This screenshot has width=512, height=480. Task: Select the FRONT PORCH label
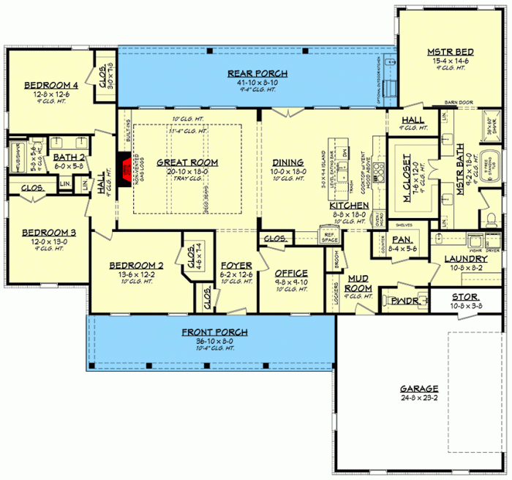pos(214,332)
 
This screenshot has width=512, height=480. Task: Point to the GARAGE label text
pos(419,389)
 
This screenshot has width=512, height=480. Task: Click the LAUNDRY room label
pos(469,259)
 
